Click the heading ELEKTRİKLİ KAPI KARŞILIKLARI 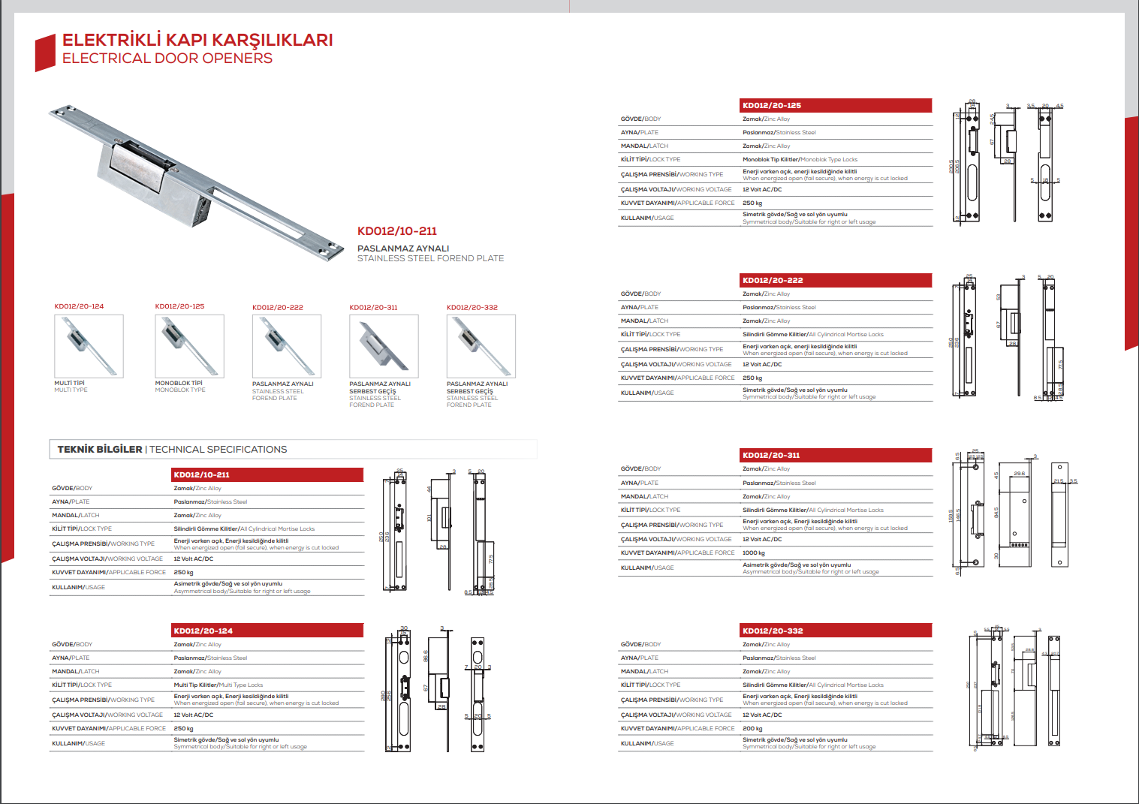coord(197,40)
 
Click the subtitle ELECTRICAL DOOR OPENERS coord(167,59)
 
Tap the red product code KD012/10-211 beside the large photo coord(396,231)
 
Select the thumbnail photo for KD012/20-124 coord(89,346)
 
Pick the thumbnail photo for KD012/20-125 coord(189,345)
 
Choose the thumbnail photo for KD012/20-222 coord(287,346)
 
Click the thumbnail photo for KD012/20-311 coord(384,346)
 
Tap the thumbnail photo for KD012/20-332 coord(481,346)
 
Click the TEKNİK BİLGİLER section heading coord(100,450)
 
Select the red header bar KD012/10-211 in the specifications coord(267,474)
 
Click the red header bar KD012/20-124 coord(267,631)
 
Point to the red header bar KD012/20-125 coord(836,105)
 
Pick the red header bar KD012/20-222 coord(836,280)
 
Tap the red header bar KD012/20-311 coord(836,455)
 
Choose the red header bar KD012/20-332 coord(836,631)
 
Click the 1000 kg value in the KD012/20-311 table coord(754,553)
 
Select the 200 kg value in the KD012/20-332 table coord(752,728)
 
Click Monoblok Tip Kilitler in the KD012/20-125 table coord(770,159)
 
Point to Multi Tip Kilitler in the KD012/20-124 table coord(195,685)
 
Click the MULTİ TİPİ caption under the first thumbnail coord(70,384)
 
